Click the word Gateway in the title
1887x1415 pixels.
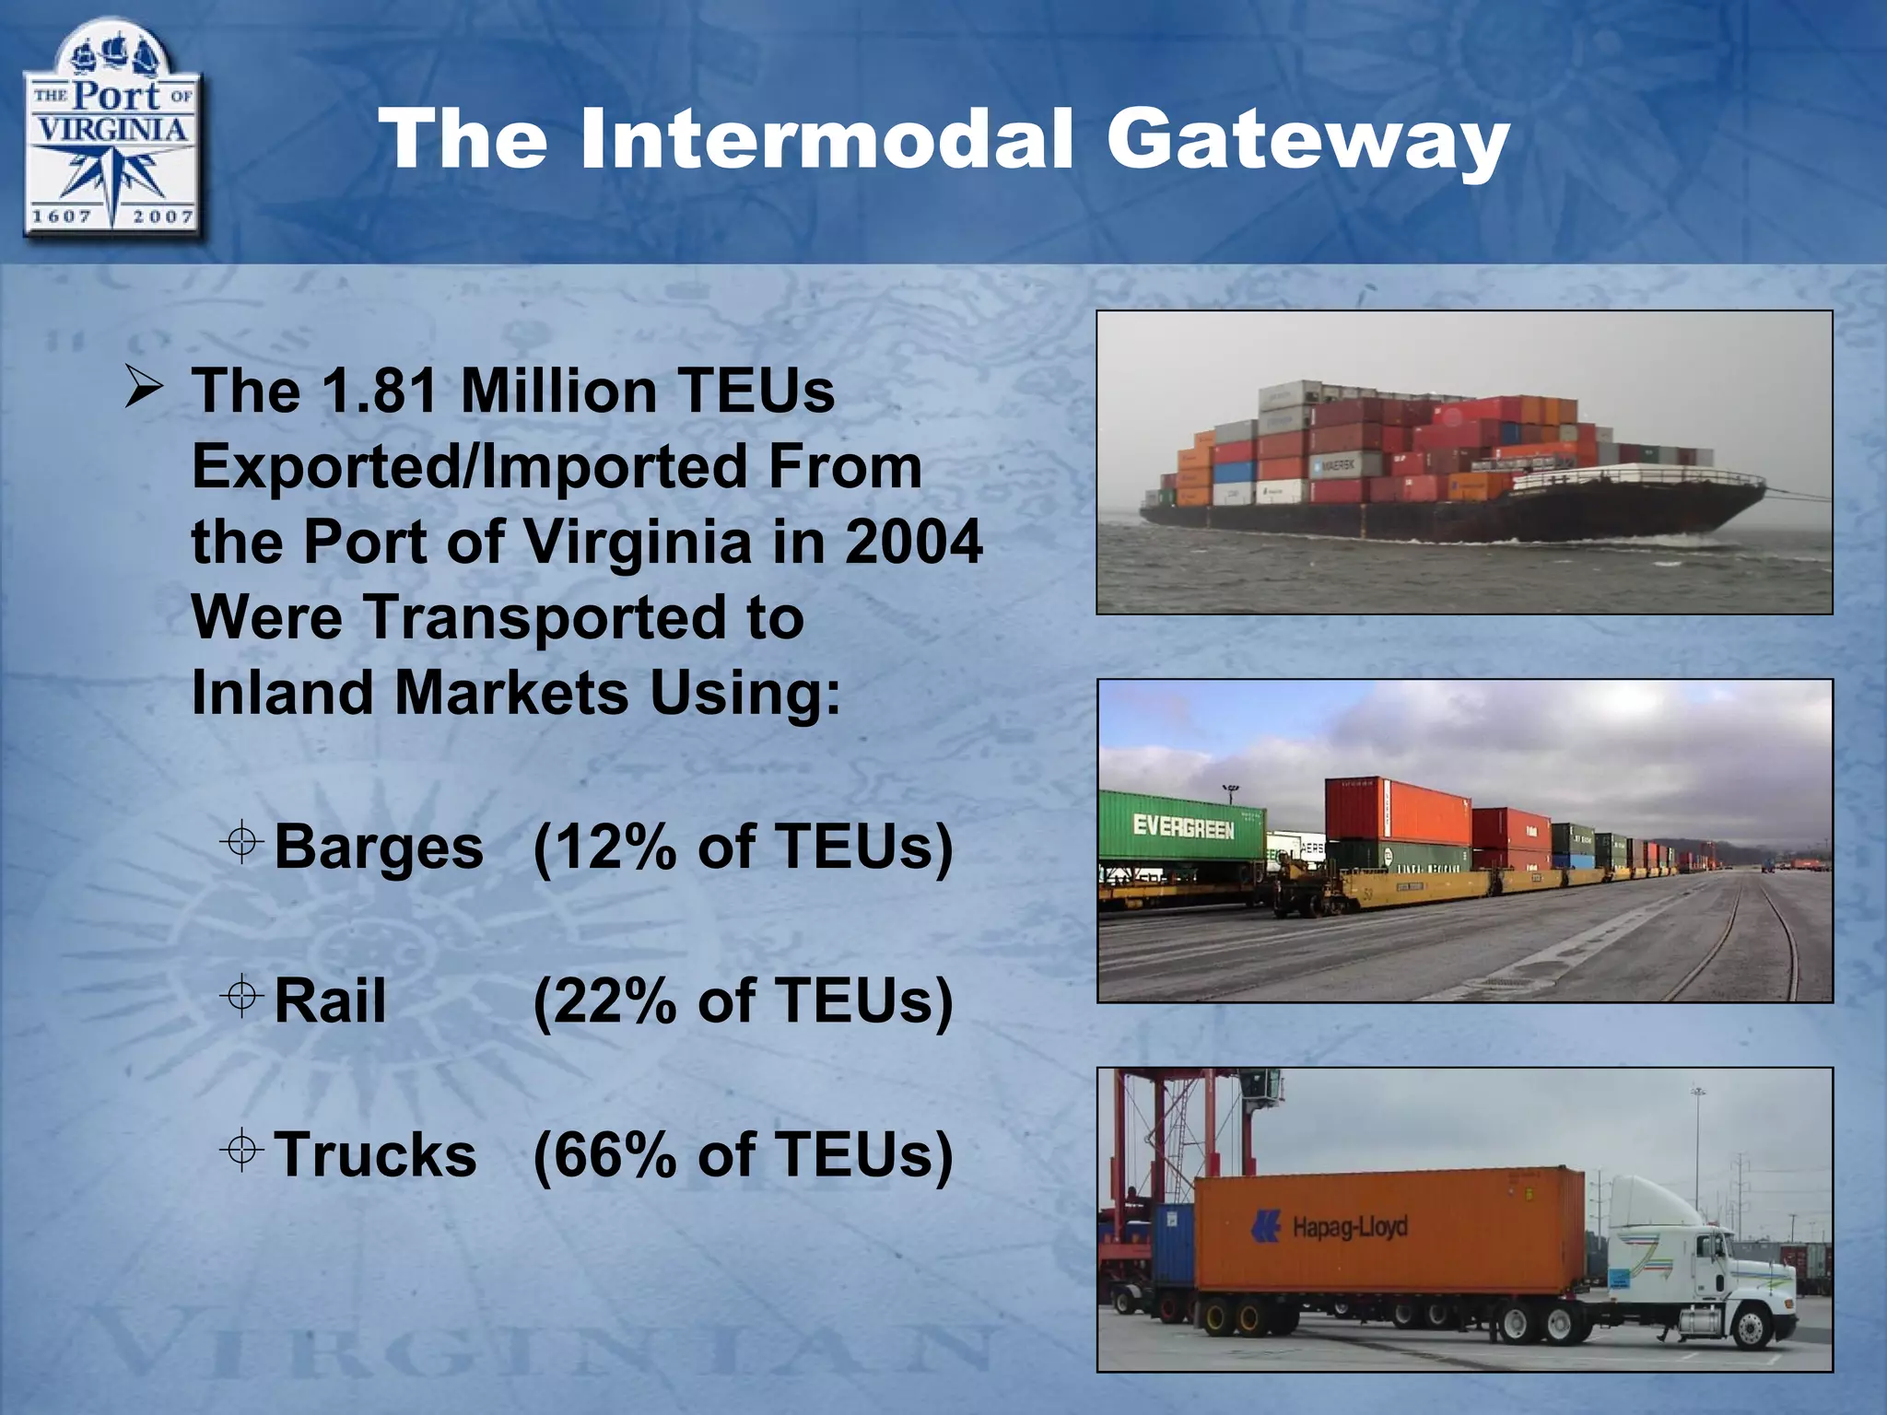[x=1307, y=141]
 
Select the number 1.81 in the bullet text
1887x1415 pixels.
[x=381, y=392]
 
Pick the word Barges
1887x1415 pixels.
[x=379, y=847]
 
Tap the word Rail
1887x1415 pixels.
[x=330, y=1000]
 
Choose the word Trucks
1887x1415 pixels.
[x=376, y=1154]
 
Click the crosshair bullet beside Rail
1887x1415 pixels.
[x=242, y=996]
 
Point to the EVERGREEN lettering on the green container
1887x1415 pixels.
[x=1183, y=827]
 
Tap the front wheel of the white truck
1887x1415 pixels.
[x=1748, y=1327]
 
